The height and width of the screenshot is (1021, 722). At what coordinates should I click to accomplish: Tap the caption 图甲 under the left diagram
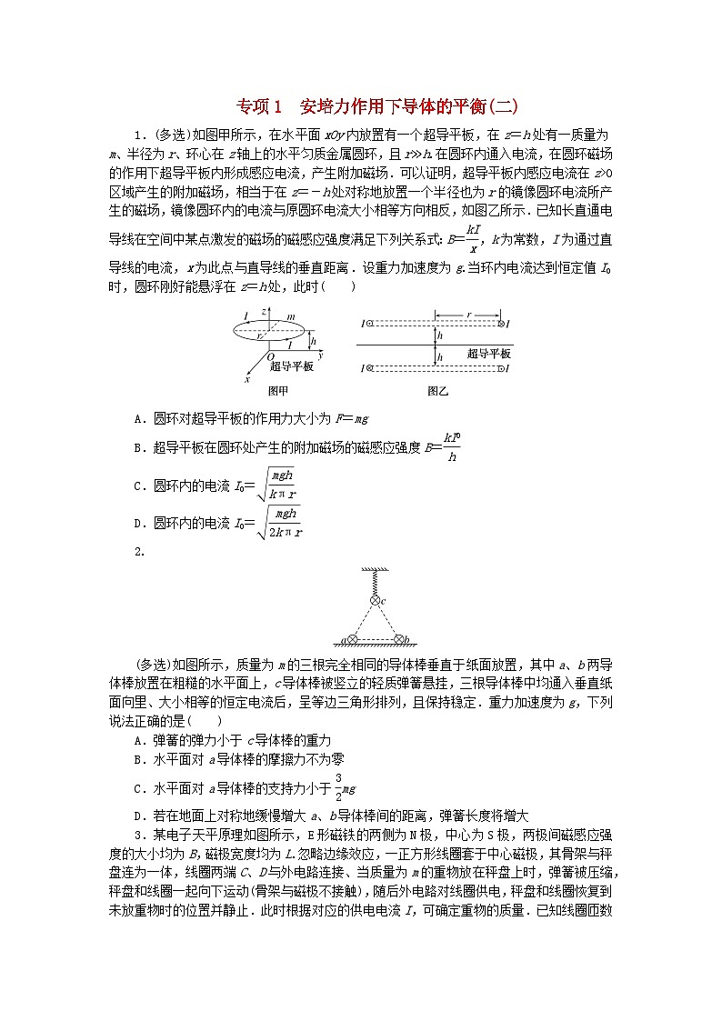click(277, 391)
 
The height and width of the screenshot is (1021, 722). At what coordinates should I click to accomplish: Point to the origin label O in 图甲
click(270, 356)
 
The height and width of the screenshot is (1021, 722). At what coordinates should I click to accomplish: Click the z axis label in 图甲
click(265, 311)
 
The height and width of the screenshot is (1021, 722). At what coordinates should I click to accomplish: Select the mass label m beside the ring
click(293, 315)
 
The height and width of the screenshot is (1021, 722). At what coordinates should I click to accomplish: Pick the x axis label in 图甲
click(246, 379)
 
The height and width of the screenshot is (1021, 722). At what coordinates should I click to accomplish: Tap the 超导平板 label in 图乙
click(488, 353)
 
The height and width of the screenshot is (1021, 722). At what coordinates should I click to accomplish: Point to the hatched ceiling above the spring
click(374, 567)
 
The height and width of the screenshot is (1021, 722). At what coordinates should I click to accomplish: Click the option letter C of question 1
click(137, 485)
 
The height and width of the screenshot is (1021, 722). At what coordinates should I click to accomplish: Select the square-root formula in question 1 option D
click(280, 524)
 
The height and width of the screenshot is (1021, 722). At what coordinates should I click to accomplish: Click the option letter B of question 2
click(137, 758)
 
